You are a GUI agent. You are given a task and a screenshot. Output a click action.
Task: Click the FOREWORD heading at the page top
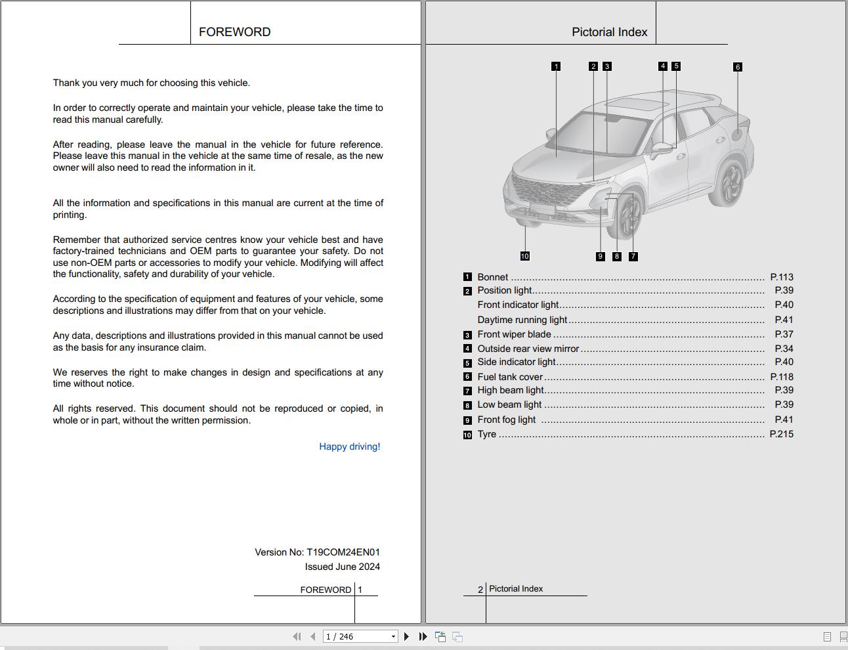click(x=234, y=32)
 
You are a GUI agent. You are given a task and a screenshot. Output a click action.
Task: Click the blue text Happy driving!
click(x=349, y=446)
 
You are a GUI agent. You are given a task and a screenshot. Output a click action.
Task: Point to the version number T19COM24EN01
click(x=343, y=552)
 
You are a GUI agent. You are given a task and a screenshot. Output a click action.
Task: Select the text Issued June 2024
click(x=342, y=567)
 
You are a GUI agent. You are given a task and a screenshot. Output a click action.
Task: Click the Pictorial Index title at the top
click(x=609, y=32)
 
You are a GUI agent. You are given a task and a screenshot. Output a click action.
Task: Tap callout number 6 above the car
click(x=738, y=67)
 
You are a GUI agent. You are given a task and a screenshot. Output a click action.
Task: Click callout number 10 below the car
click(x=524, y=256)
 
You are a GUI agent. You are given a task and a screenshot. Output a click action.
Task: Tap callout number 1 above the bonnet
click(x=556, y=66)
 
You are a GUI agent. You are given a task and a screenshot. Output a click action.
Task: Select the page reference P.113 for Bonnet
click(x=781, y=277)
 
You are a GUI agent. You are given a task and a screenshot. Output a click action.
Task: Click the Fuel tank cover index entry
click(x=510, y=377)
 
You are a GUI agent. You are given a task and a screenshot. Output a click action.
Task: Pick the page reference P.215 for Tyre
click(x=781, y=434)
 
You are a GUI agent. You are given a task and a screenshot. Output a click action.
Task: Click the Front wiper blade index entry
click(x=514, y=334)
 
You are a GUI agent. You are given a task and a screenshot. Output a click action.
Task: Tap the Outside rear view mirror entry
click(x=528, y=349)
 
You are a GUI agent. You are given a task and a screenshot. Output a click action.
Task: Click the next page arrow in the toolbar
click(x=407, y=636)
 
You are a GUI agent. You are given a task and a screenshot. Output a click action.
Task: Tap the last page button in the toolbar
click(x=423, y=636)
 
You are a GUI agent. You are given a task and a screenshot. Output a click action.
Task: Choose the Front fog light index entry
click(x=506, y=420)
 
